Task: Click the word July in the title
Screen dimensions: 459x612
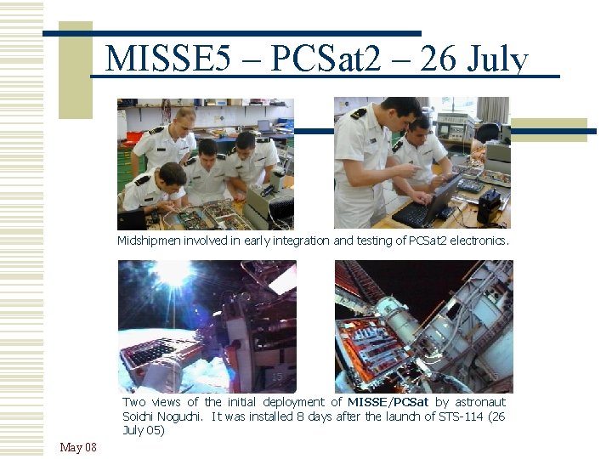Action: tap(497, 59)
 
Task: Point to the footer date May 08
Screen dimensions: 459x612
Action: tap(78, 447)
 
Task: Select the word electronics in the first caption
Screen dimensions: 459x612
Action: tap(478, 241)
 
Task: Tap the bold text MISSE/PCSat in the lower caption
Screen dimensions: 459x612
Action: tap(388, 402)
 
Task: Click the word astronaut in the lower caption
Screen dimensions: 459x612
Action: tap(481, 402)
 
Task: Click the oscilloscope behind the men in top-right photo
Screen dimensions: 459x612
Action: tap(453, 127)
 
